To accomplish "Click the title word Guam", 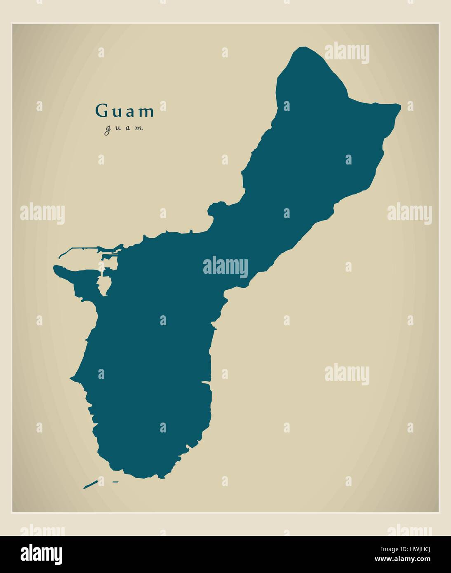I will pos(125,111).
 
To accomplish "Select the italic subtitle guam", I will pos(124,128).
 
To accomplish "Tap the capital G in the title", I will pos(100,111).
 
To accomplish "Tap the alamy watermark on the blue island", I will pos(225,267).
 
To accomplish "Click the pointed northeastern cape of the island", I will pos(399,106).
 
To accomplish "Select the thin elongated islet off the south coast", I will pos(90,484).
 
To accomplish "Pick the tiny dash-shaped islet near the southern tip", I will pos(115,481).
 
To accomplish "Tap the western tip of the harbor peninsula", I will pos(55,268).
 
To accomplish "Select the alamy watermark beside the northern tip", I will pos(347,53).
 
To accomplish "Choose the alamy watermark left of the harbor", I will pos(42,214).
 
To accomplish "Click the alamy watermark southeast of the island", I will pos(347,374).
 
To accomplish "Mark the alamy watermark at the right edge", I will pos(409,214).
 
